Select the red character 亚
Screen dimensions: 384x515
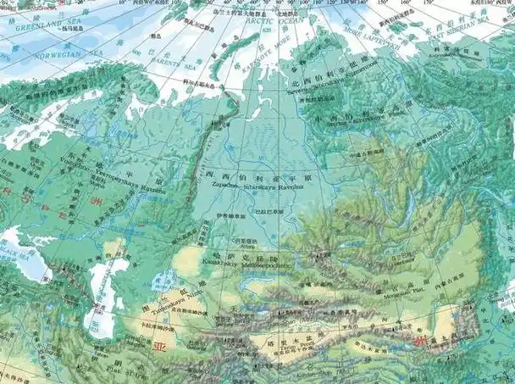156,347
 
